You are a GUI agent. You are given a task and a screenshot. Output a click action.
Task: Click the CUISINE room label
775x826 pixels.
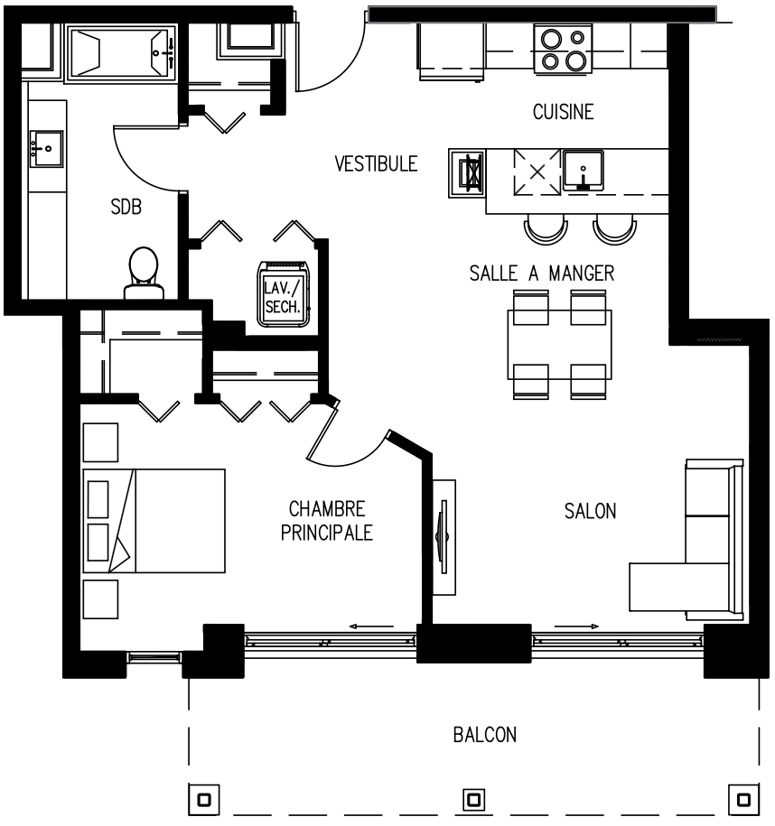pos(563,112)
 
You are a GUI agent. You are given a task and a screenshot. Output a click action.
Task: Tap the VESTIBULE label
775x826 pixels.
pos(376,163)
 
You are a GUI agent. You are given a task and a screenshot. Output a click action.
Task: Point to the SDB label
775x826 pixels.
pos(126,207)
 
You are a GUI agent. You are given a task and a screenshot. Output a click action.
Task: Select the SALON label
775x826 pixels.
pos(590,511)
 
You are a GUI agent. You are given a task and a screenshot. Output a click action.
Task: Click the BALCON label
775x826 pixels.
pos(484,735)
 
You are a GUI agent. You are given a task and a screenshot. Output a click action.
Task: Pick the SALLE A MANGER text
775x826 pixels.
pos(542,274)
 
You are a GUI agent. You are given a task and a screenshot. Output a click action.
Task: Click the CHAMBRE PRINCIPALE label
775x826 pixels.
pos(327,521)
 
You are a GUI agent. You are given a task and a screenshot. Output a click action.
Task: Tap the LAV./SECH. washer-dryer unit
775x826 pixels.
pos(284,294)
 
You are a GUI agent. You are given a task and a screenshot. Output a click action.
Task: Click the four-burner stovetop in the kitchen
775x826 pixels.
pos(563,49)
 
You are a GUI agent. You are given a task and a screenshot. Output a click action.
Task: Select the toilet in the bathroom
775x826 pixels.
pos(144,274)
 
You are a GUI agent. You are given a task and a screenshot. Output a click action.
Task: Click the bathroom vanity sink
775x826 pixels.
pos(46,149)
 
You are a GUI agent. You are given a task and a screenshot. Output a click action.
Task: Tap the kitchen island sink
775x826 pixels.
pos(584,170)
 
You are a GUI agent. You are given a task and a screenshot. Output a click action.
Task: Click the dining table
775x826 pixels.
pos(559,345)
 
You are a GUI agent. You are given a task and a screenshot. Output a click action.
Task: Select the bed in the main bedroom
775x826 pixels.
pos(154,521)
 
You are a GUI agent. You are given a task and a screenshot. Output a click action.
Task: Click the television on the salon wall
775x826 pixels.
pos(443,537)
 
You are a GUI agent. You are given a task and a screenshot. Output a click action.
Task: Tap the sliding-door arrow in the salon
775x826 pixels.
pos(576,626)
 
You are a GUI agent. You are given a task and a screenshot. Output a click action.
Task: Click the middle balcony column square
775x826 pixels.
pos(473,800)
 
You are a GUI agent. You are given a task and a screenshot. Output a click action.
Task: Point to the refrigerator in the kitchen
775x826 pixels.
pos(452,51)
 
